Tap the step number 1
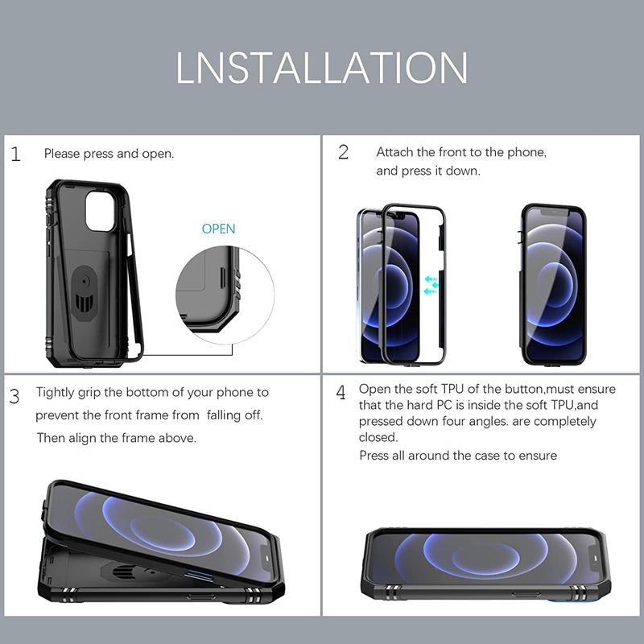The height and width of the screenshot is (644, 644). (x=16, y=154)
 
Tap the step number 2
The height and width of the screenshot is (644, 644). (x=343, y=152)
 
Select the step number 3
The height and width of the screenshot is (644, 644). (x=15, y=396)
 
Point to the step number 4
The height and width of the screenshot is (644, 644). (x=341, y=393)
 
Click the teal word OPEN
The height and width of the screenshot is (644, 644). (x=218, y=229)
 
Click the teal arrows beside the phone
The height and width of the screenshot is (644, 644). (x=431, y=285)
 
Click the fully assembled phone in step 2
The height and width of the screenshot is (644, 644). (x=553, y=284)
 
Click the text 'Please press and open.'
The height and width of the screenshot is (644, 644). (x=109, y=154)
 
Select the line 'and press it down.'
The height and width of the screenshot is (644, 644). (x=427, y=171)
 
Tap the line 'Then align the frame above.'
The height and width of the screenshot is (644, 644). (x=116, y=438)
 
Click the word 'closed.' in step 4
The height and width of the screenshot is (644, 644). (x=378, y=437)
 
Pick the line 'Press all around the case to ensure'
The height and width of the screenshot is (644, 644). (x=457, y=456)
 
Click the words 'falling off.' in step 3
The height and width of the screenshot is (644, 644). (x=234, y=415)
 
